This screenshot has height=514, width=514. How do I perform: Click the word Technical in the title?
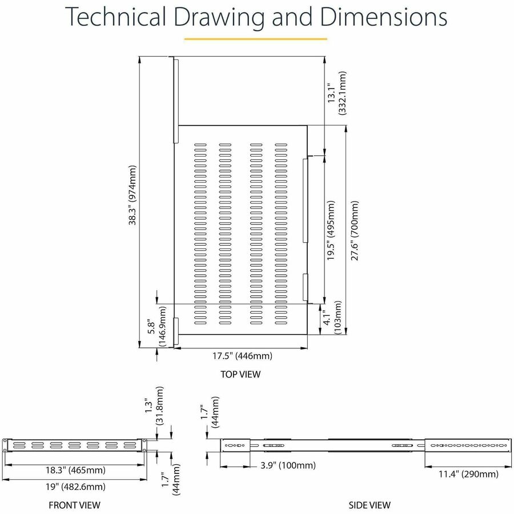click(115, 17)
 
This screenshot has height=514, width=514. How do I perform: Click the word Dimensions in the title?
click(383, 17)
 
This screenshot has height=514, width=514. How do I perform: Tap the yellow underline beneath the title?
click(255, 39)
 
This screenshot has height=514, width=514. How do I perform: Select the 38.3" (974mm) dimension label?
click(132, 195)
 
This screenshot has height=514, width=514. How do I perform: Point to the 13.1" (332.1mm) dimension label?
click(336, 93)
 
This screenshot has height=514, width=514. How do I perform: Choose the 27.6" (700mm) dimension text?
click(355, 231)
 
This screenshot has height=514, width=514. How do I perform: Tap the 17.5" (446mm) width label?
click(242, 356)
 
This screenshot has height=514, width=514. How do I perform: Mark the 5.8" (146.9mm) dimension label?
click(156, 326)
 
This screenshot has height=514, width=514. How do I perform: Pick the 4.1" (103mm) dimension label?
click(332, 318)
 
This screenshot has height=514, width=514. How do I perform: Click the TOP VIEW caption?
click(240, 374)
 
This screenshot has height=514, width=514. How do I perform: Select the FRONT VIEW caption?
click(74, 505)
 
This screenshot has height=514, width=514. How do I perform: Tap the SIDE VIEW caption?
click(370, 505)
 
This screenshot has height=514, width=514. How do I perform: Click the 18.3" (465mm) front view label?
click(75, 471)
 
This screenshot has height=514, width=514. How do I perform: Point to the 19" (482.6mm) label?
click(75, 487)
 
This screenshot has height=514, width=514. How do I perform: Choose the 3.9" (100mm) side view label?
click(288, 465)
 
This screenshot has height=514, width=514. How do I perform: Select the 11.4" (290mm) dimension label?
click(468, 474)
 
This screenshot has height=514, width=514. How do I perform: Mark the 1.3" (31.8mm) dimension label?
click(154, 406)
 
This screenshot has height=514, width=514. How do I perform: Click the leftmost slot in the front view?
click(19, 445)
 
